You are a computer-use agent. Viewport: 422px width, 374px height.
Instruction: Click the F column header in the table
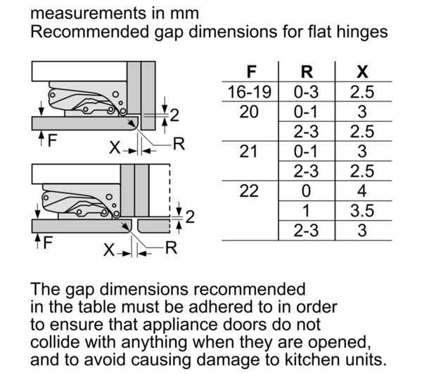pyautogui.click(x=251, y=72)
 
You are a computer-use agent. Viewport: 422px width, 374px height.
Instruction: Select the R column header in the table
pyautogui.click(x=307, y=72)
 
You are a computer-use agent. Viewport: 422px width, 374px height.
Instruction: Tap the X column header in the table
pyautogui.click(x=362, y=72)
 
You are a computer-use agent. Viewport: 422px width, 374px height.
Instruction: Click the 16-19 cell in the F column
pyautogui.click(x=250, y=92)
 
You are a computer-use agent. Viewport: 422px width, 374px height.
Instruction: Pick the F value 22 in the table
pyautogui.click(x=249, y=191)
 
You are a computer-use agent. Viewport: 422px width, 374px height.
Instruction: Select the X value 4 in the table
pyautogui.click(x=362, y=191)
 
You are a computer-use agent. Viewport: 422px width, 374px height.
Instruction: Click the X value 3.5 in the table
pyautogui.click(x=362, y=211)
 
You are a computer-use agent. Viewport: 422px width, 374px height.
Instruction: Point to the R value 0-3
pyautogui.click(x=306, y=92)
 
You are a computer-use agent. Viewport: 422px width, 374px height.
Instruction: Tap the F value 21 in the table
pyautogui.click(x=248, y=151)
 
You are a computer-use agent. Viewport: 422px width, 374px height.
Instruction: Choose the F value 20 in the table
pyautogui.click(x=249, y=112)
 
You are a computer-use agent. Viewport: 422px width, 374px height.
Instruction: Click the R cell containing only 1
pyautogui.click(x=306, y=211)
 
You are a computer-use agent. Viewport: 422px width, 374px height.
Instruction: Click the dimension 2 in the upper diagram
pyautogui.click(x=174, y=115)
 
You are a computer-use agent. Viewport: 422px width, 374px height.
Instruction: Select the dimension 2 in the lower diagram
pyautogui.click(x=190, y=217)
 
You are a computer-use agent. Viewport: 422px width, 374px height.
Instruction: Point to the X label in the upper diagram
pyautogui.click(x=115, y=148)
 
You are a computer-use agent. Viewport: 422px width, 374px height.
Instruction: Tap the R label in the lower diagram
pyautogui.click(x=172, y=247)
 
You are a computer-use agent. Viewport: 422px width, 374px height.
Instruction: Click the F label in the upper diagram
pyautogui.click(x=52, y=141)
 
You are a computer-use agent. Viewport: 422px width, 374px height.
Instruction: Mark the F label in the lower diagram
pyautogui.click(x=48, y=243)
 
